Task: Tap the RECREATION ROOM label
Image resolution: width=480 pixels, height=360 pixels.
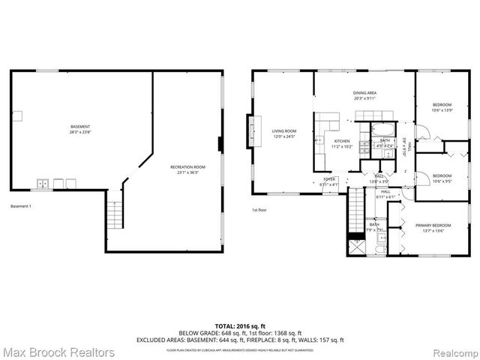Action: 187,166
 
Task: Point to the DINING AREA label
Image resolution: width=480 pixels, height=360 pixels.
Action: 364,92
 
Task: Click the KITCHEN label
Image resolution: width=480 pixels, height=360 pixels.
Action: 342,141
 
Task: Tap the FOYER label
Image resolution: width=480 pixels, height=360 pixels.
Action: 329,179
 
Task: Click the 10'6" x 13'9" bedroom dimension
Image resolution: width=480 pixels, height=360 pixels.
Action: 442,110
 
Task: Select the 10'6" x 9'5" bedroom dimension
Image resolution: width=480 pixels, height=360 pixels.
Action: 442,181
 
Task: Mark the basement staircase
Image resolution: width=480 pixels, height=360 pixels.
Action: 114,215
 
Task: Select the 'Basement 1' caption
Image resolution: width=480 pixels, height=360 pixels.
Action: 22,206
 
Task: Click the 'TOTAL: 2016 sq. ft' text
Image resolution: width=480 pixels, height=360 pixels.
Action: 239,325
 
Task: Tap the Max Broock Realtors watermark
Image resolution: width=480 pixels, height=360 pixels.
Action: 58,351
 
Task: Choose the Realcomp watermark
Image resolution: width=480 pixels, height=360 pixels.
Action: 452,351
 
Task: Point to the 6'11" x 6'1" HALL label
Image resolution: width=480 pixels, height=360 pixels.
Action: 385,194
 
